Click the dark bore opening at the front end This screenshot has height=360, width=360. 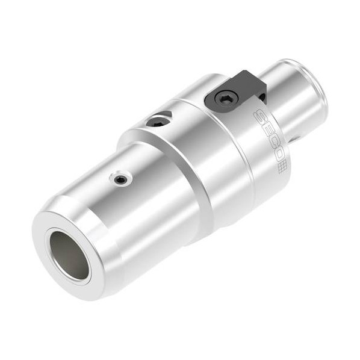click(x=69, y=255)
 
